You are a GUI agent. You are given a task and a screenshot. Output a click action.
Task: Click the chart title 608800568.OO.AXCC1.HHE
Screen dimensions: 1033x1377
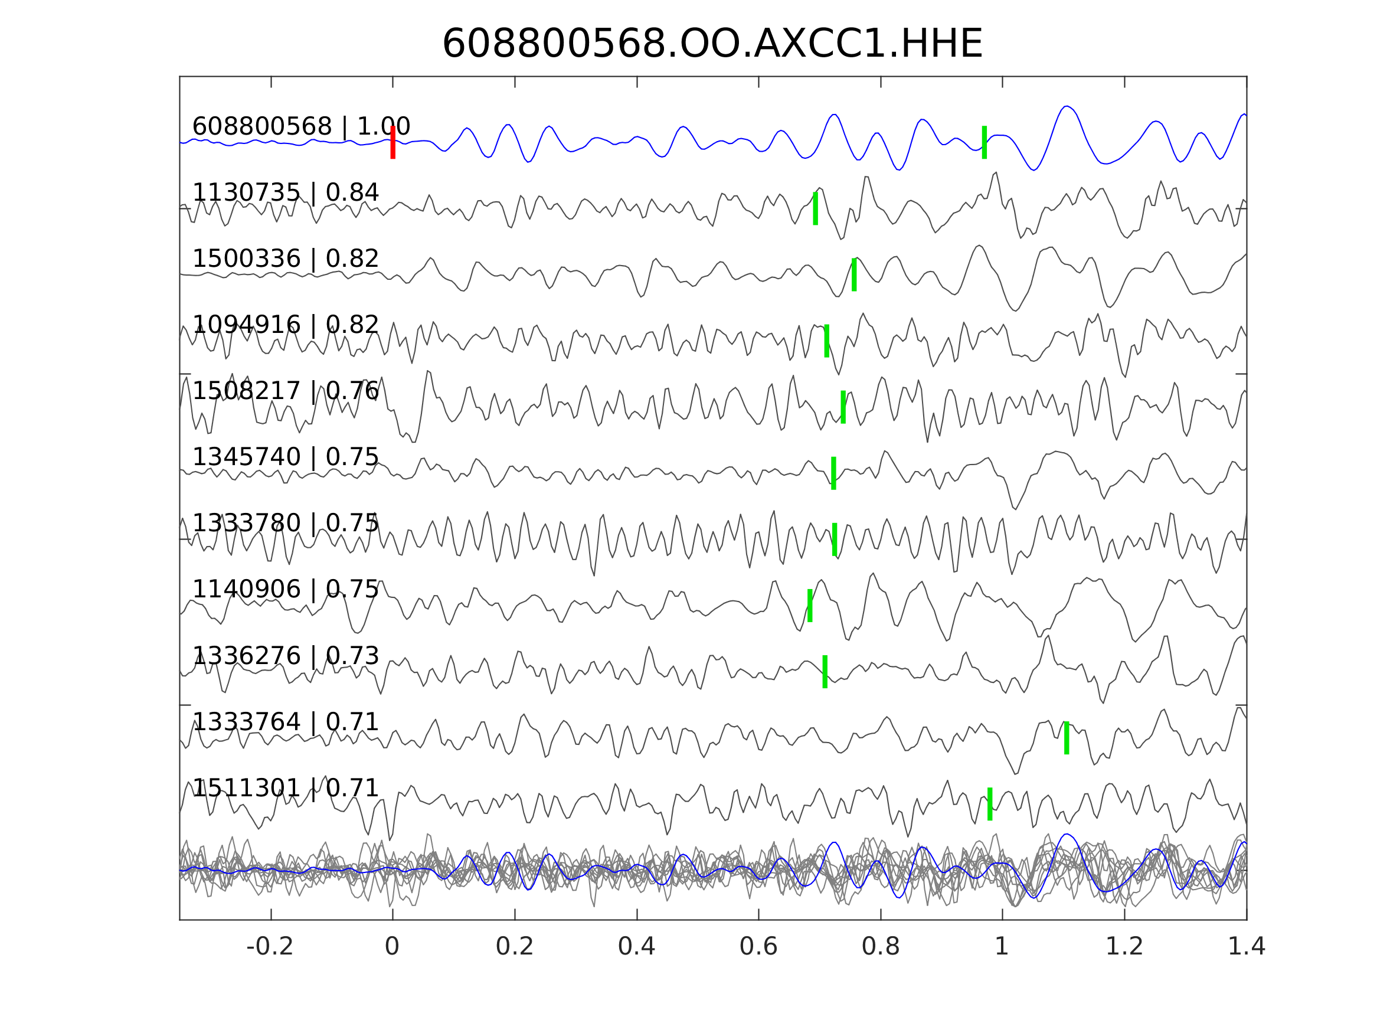[712, 44]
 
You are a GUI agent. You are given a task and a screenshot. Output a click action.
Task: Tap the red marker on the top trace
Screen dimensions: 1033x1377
[393, 143]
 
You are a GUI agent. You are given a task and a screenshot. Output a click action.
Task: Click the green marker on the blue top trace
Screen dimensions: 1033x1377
[984, 143]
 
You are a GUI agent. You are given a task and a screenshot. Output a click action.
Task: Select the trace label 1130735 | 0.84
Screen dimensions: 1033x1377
[285, 193]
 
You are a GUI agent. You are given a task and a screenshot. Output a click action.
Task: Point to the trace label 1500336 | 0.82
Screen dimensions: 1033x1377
[285, 259]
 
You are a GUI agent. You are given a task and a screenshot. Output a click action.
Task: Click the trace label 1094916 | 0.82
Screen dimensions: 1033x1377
[285, 325]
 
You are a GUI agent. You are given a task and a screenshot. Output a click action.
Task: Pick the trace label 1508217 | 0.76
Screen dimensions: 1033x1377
[285, 391]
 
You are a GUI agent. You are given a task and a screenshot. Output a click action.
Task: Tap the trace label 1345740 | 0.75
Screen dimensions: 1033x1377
[285, 457]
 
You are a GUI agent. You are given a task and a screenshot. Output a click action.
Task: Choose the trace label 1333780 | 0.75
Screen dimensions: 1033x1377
[285, 523]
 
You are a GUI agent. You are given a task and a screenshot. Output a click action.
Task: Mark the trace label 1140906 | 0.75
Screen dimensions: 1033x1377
[285, 589]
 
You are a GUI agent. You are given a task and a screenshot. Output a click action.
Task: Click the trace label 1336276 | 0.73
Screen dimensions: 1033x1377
[285, 656]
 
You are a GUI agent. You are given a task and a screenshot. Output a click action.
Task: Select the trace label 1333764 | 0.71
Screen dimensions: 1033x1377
[285, 723]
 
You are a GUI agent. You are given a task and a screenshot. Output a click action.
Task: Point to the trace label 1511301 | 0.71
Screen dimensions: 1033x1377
[285, 788]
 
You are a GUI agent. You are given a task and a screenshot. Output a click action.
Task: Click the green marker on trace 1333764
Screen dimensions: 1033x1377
[1067, 738]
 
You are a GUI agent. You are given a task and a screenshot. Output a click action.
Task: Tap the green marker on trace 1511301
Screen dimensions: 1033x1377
[990, 804]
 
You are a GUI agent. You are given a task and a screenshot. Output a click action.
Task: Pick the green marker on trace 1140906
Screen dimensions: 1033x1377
[810, 605]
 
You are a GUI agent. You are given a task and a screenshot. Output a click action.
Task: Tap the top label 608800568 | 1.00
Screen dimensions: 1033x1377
[300, 126]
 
